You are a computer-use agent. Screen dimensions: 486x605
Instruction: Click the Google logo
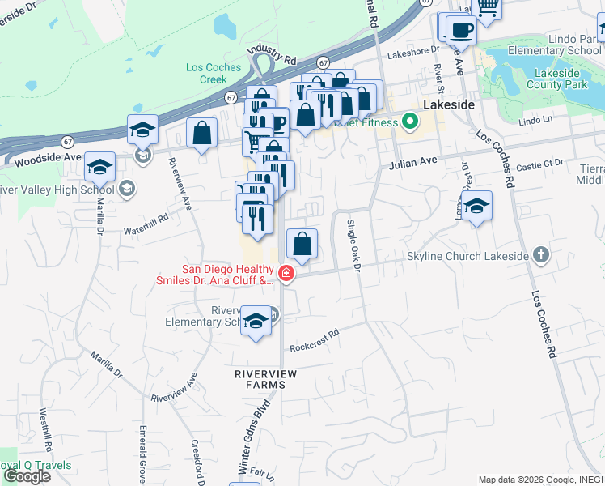click(27, 476)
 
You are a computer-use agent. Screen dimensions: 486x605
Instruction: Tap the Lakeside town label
click(448, 105)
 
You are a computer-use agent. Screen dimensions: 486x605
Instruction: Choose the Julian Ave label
click(412, 162)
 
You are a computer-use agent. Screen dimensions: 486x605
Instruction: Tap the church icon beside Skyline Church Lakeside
click(542, 256)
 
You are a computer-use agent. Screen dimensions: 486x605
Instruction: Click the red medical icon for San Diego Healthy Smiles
click(285, 275)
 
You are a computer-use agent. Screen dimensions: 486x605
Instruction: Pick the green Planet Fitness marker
click(410, 123)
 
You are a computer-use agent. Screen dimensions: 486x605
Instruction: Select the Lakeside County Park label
click(558, 78)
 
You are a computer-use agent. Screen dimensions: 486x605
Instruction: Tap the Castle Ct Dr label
click(539, 164)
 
